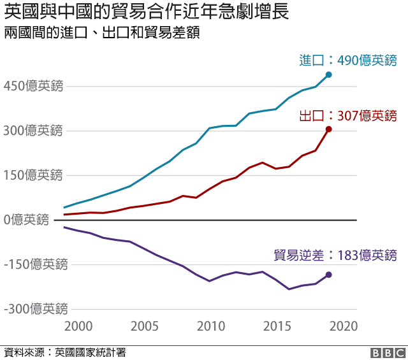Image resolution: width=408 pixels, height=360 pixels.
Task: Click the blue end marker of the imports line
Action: tap(328, 75)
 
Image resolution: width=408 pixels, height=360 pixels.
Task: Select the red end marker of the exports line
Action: tap(328, 129)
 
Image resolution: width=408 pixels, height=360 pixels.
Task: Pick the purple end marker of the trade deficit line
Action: tap(328, 275)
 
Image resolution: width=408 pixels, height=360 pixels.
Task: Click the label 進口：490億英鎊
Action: tap(348, 61)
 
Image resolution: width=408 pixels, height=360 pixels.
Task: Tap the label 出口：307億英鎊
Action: tap(348, 115)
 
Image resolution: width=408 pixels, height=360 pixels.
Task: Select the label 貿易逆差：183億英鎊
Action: tap(335, 256)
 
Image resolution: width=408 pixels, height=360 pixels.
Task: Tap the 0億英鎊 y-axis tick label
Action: tap(25, 220)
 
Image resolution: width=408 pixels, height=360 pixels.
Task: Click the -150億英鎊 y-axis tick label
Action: tap(34, 264)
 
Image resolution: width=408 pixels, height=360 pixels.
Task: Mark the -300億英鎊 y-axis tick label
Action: tap(34, 309)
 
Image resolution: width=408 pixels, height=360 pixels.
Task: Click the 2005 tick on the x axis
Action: tap(144, 326)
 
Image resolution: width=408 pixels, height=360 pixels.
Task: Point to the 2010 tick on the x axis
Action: tap(210, 326)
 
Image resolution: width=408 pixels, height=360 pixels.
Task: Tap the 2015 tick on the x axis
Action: tap(277, 326)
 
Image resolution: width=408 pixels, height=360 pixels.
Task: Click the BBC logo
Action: tap(388, 352)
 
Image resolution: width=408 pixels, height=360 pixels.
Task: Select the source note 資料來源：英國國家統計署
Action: tap(64, 352)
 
